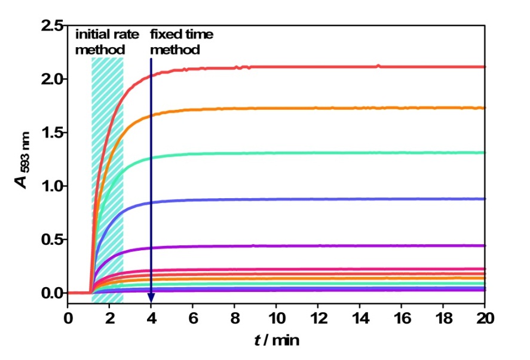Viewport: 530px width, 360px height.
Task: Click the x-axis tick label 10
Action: pos(276,317)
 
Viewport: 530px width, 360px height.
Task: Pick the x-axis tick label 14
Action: pos(360,317)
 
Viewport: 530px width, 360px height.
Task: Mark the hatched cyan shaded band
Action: pos(108,179)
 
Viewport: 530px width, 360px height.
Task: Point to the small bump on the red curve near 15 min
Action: pos(378,66)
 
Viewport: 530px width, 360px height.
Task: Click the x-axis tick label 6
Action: pos(193,317)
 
